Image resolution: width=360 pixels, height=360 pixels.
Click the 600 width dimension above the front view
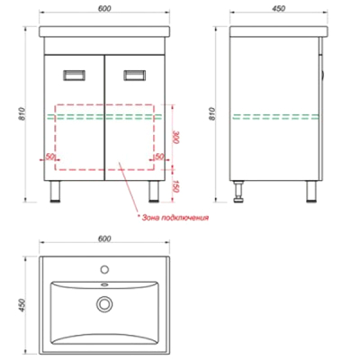(104, 8)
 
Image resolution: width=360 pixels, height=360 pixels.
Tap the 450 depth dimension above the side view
(278, 8)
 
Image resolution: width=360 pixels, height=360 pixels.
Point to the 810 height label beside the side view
(212, 114)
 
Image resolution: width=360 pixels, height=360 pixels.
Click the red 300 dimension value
(176, 137)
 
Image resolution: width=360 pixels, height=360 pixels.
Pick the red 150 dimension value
(176, 186)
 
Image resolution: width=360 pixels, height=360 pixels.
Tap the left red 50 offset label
(49, 157)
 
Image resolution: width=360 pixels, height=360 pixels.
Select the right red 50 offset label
(159, 157)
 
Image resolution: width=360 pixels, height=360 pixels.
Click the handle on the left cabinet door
(74, 75)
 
